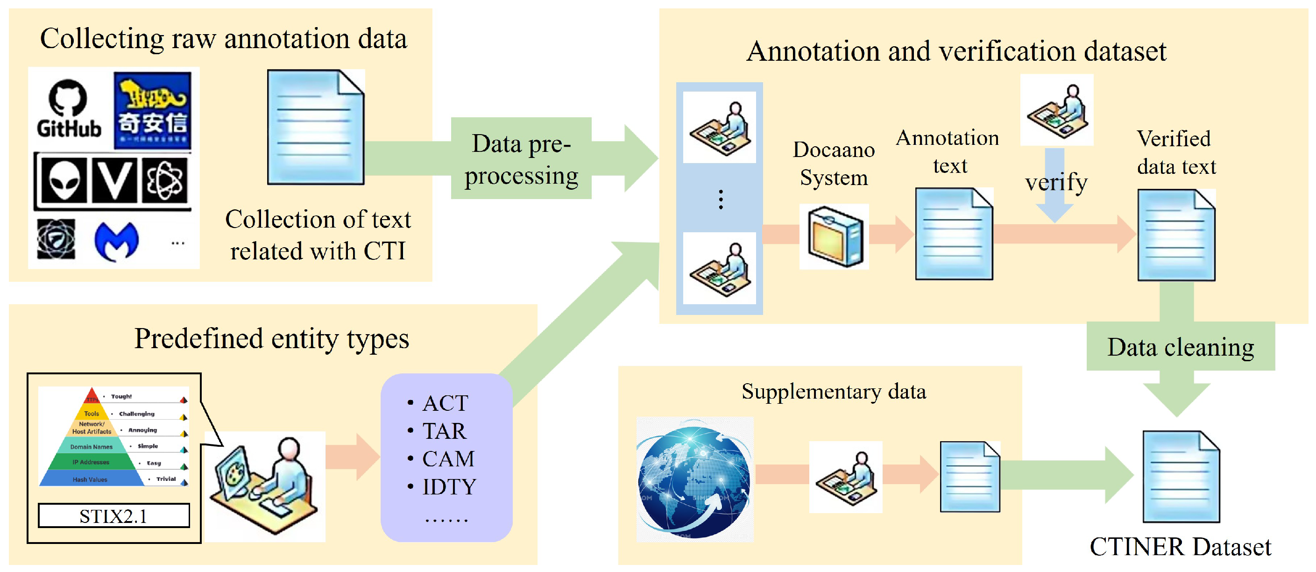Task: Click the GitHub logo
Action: (68, 108)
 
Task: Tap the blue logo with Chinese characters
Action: (152, 110)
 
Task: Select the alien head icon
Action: (64, 180)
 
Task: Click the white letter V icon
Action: (114, 180)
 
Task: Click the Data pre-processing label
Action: (521, 159)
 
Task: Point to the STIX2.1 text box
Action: (113, 515)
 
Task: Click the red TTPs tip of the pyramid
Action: (92, 396)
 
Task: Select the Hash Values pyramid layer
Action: (90, 479)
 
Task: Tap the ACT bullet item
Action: (445, 403)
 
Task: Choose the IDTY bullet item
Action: (448, 486)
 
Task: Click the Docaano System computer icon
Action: (834, 236)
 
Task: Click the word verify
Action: (1055, 182)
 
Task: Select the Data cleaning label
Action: (1180, 347)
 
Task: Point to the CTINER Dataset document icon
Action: (1181, 476)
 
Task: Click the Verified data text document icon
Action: (1175, 235)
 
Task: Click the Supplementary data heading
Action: (833, 392)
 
